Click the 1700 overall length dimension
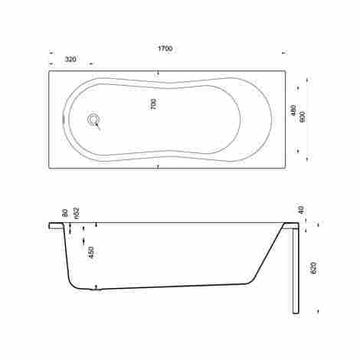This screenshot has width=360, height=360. pyautogui.click(x=165, y=48)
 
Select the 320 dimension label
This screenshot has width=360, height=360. pyautogui.click(x=70, y=60)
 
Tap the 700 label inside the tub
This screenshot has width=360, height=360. pyautogui.click(x=153, y=104)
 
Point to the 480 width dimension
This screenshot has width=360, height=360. pyautogui.click(x=293, y=110)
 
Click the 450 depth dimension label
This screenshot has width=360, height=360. pyautogui.click(x=92, y=253)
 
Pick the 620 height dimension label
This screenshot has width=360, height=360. pyautogui.click(x=314, y=268)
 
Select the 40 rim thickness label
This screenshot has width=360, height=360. pyautogui.click(x=302, y=210)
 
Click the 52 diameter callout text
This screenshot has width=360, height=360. pyautogui.click(x=77, y=213)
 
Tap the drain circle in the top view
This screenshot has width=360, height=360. pyautogui.click(x=93, y=119)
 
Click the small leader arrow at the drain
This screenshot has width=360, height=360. pyautogui.click(x=98, y=126)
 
